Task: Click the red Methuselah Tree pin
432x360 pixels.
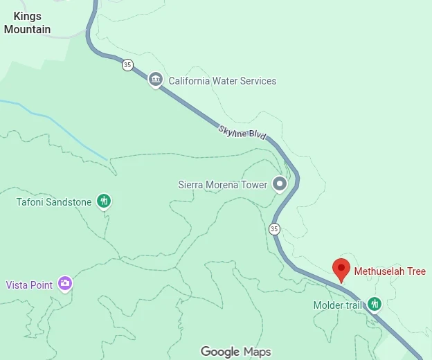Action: (x=341, y=268)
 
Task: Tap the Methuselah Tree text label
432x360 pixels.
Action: (x=390, y=271)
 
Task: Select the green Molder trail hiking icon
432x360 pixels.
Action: (x=375, y=304)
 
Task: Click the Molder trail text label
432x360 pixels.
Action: (x=337, y=305)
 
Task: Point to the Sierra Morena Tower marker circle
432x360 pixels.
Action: (x=280, y=184)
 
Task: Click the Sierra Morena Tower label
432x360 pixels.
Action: (x=222, y=185)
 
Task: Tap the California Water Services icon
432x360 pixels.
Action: (x=156, y=80)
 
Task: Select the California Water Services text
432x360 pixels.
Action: (x=222, y=81)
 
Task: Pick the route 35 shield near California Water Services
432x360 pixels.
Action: (x=127, y=64)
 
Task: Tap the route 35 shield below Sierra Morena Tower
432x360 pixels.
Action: (x=274, y=228)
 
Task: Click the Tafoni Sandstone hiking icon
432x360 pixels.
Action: (x=104, y=201)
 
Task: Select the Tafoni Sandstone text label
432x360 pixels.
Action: (x=54, y=202)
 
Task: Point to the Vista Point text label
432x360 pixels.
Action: (x=29, y=285)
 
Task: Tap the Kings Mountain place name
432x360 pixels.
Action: (x=27, y=23)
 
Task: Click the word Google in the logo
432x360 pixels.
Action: (x=220, y=352)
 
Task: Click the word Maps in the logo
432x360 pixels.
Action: (x=257, y=352)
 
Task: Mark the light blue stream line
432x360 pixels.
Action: (x=55, y=121)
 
